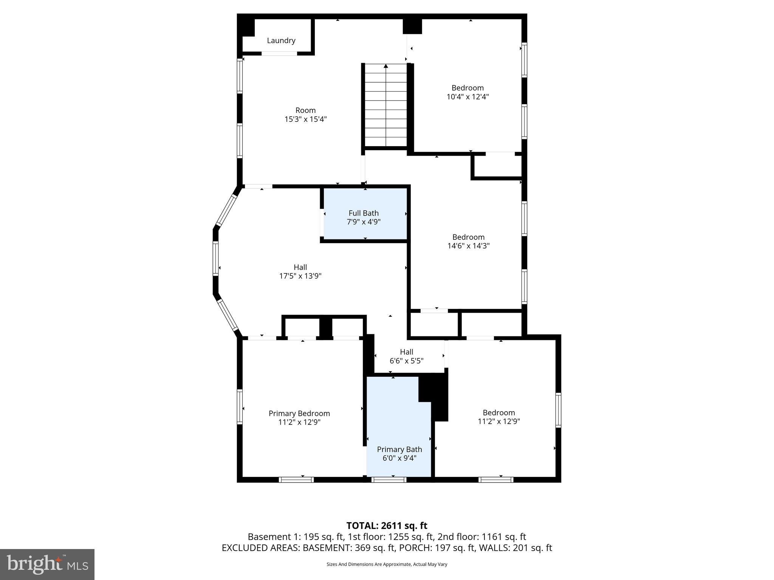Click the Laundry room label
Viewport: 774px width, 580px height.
[281, 40]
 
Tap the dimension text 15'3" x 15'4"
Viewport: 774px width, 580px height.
[305, 119]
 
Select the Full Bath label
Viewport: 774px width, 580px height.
[364, 213]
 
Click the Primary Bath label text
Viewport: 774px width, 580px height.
[399, 449]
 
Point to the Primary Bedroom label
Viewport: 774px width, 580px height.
[299, 413]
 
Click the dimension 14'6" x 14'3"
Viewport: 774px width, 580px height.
[468, 246]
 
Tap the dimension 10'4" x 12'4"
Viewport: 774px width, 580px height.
[467, 97]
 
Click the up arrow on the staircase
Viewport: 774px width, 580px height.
[386, 66]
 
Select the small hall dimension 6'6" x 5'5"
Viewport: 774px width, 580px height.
[406, 361]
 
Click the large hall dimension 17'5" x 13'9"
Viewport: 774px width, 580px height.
[300, 276]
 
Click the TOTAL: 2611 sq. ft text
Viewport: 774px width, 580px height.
[387, 526]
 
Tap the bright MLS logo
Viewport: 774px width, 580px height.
[47, 564]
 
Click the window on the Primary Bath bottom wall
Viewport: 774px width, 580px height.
[389, 480]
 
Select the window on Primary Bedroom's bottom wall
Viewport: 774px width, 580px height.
[296, 480]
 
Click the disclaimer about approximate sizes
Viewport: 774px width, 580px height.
[387, 564]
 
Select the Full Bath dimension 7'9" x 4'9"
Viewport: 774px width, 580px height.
[364, 222]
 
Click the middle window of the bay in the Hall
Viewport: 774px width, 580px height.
[216, 258]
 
